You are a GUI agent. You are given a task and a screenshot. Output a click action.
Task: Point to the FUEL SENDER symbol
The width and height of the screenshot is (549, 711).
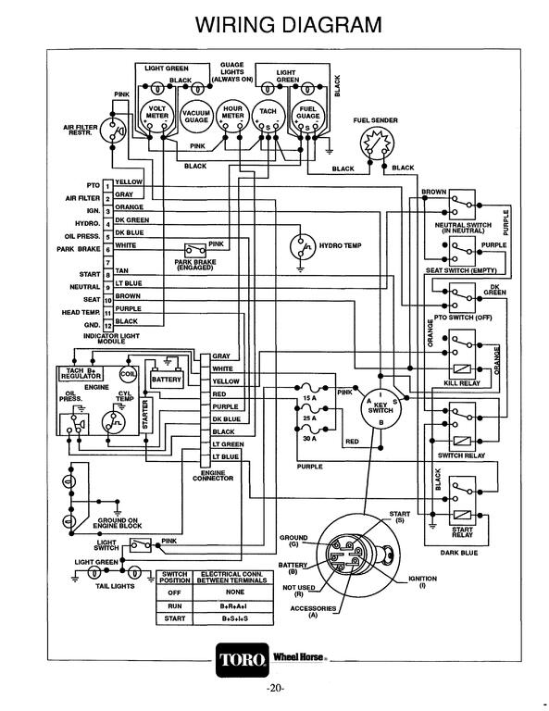click(x=376, y=143)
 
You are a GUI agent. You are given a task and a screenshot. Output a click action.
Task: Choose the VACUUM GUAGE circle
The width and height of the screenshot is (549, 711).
click(x=193, y=117)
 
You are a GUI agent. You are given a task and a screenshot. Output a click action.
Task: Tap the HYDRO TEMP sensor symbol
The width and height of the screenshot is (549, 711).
click(x=302, y=247)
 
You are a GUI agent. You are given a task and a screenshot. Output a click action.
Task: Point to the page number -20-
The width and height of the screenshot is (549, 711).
click(x=275, y=690)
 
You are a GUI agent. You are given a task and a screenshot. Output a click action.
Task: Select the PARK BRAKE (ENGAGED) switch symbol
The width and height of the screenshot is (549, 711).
click(x=194, y=250)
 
